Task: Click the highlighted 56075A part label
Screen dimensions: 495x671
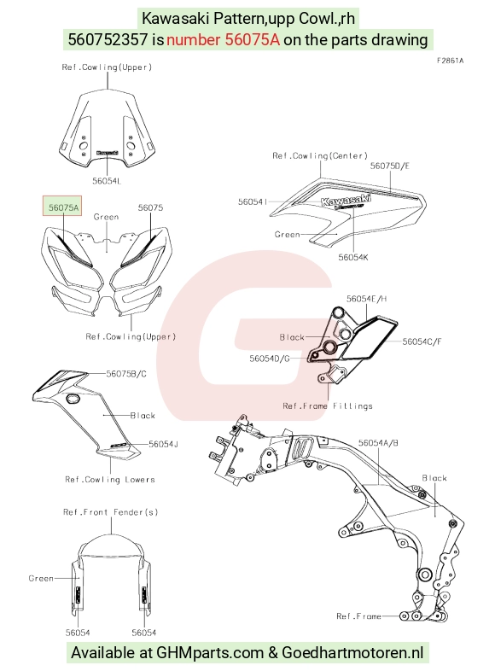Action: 62,207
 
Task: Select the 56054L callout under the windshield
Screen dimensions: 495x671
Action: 107,181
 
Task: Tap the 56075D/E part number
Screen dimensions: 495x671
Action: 389,166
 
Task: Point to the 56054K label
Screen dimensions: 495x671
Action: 353,257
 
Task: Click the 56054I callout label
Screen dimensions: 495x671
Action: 253,201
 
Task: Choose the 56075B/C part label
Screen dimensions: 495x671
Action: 126,374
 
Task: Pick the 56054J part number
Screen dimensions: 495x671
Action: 163,444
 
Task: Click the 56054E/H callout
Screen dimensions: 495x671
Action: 366,299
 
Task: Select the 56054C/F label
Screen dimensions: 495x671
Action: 422,341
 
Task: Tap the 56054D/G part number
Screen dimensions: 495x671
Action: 270,359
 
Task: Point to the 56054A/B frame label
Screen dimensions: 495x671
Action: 378,443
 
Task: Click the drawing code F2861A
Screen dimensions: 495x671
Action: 450,61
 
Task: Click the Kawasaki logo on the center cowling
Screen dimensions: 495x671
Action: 346,200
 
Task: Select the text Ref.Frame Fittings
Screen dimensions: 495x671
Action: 327,406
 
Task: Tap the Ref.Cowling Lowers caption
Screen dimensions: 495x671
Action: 109,479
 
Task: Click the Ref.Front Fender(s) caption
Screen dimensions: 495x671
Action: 110,512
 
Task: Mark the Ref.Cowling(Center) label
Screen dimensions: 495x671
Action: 319,155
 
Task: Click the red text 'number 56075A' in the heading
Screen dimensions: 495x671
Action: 223,40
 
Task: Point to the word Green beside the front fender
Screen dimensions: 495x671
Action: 41,578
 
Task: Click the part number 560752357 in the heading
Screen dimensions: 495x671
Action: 108,40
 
